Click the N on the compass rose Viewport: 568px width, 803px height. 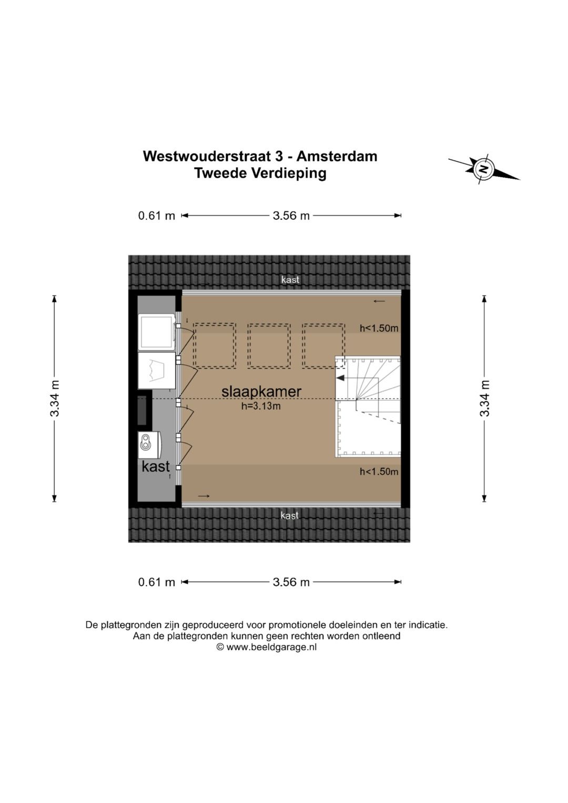click(483, 169)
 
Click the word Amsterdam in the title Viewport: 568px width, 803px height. click(337, 156)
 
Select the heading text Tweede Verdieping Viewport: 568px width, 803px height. click(260, 173)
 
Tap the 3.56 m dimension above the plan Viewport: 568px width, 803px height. click(291, 216)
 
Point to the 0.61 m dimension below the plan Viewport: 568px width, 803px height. click(156, 582)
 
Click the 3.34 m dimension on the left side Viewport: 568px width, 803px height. click(55, 398)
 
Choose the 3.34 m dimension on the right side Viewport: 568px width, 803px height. click(484, 398)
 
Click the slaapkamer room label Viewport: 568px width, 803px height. click(261, 391)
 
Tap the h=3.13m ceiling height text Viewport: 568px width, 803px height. click(261, 406)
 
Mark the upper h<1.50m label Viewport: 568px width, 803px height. click(379, 328)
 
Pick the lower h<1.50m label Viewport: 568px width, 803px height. click(379, 472)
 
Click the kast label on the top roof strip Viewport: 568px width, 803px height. click(290, 280)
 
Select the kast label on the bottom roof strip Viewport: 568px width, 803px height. click(290, 515)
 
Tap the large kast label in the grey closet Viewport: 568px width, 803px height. click(156, 466)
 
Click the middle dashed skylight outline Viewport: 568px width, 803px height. click(269, 345)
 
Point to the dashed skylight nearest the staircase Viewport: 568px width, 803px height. click(323, 345)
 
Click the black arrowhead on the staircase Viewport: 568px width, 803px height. click(340, 378)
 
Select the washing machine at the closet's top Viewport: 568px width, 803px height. click(157, 332)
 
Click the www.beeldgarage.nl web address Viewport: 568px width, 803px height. click(271, 647)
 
